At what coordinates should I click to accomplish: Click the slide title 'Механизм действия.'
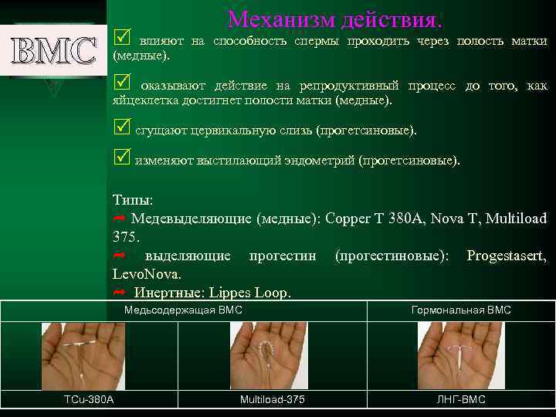335,18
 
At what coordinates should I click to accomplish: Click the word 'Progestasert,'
507,256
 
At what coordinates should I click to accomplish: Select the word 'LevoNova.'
147,274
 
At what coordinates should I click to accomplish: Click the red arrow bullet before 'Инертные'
120,293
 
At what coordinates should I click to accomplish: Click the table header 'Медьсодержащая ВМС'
184,310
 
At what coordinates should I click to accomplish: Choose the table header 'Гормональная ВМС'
461,310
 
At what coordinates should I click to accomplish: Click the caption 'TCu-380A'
88,399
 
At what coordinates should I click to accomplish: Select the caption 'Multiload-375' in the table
272,399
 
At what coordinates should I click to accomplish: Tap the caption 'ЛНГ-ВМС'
460,399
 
